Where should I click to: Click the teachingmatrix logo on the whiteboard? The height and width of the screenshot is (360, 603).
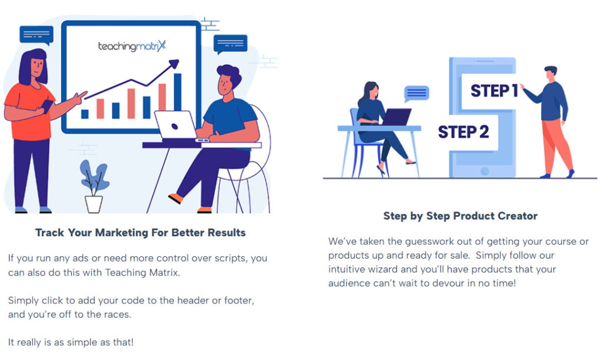click(132, 46)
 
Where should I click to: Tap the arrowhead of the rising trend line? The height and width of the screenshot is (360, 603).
click(174, 64)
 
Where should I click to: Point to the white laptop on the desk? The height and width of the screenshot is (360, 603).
click(177, 125)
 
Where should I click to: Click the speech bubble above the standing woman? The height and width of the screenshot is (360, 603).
click(37, 35)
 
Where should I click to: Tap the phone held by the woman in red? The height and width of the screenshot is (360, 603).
click(47, 106)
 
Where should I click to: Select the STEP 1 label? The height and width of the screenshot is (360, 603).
click(494, 91)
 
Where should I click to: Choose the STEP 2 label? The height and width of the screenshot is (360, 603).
click(463, 132)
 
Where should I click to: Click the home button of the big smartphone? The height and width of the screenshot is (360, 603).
click(485, 171)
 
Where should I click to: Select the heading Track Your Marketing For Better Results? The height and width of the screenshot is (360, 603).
click(140, 233)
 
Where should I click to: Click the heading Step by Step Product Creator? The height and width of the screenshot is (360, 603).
click(460, 216)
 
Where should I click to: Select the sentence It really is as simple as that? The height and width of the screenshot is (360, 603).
click(71, 342)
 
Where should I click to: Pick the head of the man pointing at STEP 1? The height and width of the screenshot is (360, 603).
click(551, 74)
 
